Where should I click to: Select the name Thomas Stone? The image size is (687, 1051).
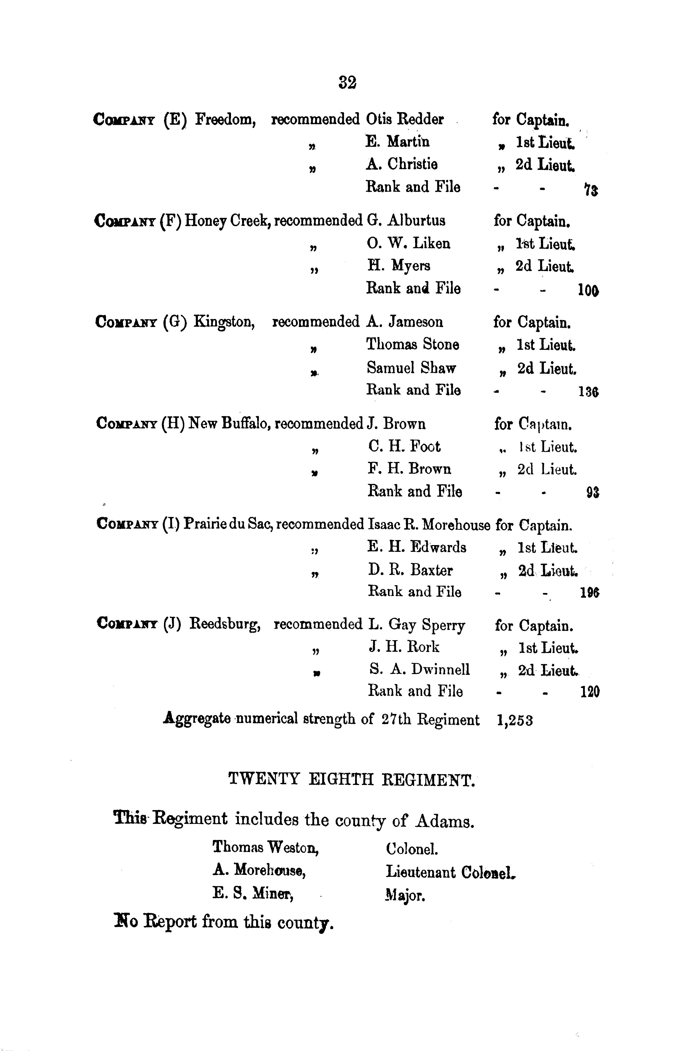(x=412, y=345)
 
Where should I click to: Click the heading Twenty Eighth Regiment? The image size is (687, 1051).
(x=352, y=779)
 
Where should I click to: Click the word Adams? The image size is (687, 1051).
(x=445, y=821)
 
